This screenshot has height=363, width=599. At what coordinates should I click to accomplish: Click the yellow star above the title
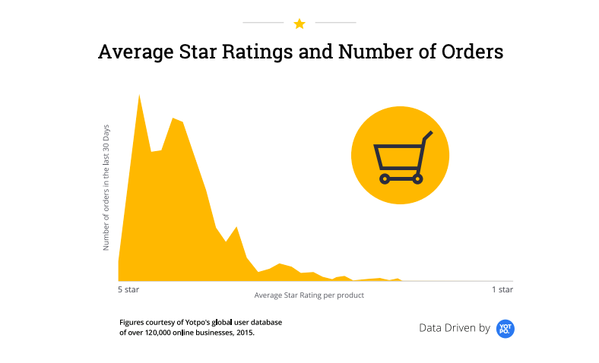tap(299, 24)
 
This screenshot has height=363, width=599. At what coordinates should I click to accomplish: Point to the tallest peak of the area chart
tap(139, 96)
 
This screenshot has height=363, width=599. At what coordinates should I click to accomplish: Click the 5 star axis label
tap(128, 290)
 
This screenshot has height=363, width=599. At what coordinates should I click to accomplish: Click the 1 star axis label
tap(502, 290)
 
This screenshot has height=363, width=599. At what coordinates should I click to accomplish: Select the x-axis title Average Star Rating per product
tap(309, 295)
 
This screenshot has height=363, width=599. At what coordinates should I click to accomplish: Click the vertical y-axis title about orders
tap(106, 187)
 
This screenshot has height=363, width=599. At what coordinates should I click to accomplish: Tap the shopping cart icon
tap(400, 156)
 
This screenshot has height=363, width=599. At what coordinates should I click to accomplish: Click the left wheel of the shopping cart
tap(385, 178)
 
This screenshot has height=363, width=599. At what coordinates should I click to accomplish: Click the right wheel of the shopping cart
tap(417, 178)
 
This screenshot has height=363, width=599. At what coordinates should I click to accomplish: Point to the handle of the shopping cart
tap(426, 137)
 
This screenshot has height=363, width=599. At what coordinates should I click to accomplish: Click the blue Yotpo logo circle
tap(506, 328)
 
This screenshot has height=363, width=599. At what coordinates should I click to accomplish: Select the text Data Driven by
tap(455, 328)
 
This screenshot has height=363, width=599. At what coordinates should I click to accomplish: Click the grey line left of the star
tap(263, 24)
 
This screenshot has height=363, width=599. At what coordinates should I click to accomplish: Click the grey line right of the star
tap(336, 24)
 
